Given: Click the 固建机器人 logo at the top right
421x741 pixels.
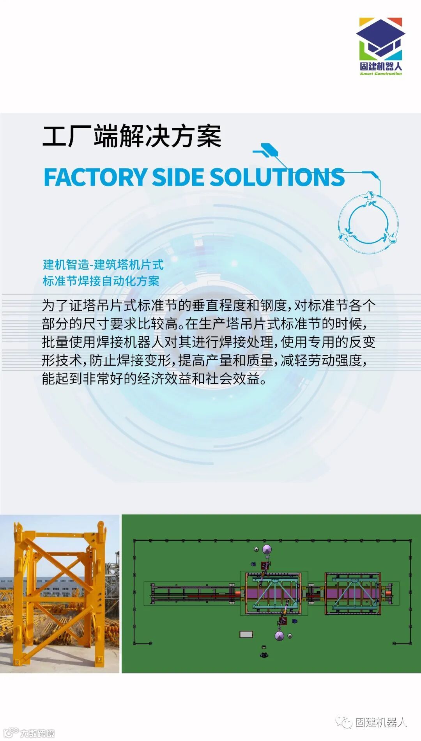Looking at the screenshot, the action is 380,46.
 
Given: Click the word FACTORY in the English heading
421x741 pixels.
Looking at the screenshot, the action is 95,177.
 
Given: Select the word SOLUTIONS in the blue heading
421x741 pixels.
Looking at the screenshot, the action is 277,177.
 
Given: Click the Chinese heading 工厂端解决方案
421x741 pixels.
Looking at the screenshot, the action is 132,136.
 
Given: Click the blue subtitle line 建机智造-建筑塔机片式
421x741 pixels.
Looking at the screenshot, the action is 103,265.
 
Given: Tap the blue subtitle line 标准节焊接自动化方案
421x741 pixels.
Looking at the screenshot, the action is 101,281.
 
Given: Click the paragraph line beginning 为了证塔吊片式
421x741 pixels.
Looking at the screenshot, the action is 209,306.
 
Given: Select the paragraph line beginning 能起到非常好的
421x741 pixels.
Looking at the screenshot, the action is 154,378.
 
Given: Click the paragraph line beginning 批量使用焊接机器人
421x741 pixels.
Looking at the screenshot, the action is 209,342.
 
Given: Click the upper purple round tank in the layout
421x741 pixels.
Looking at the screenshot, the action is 267,550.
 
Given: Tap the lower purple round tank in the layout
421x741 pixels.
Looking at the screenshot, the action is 279,636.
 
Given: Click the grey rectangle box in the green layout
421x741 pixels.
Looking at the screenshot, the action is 246,634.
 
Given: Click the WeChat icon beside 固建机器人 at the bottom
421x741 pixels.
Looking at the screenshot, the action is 344,722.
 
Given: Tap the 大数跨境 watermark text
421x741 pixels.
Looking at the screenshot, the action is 37,733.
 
